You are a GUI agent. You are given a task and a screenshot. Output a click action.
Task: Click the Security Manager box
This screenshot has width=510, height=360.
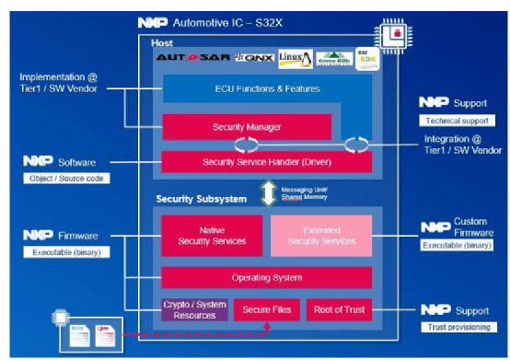(x=247, y=126)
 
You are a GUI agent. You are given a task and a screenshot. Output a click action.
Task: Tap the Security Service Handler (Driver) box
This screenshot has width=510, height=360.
(x=267, y=161)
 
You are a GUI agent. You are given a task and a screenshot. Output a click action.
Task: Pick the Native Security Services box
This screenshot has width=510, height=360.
(x=211, y=236)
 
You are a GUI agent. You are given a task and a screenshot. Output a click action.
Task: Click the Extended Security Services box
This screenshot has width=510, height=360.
(x=321, y=236)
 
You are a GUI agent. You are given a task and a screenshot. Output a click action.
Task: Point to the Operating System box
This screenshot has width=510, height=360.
(x=267, y=277)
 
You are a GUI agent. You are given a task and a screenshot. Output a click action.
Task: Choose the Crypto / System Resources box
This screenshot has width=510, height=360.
(x=194, y=309)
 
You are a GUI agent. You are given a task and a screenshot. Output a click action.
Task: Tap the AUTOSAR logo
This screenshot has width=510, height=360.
(x=192, y=57)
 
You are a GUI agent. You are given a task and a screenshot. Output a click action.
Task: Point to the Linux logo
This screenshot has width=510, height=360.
(x=296, y=57)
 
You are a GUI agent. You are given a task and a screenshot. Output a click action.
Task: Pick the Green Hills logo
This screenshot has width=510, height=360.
(x=334, y=57)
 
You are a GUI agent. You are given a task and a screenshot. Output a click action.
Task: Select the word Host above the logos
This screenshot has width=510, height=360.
(x=162, y=42)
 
